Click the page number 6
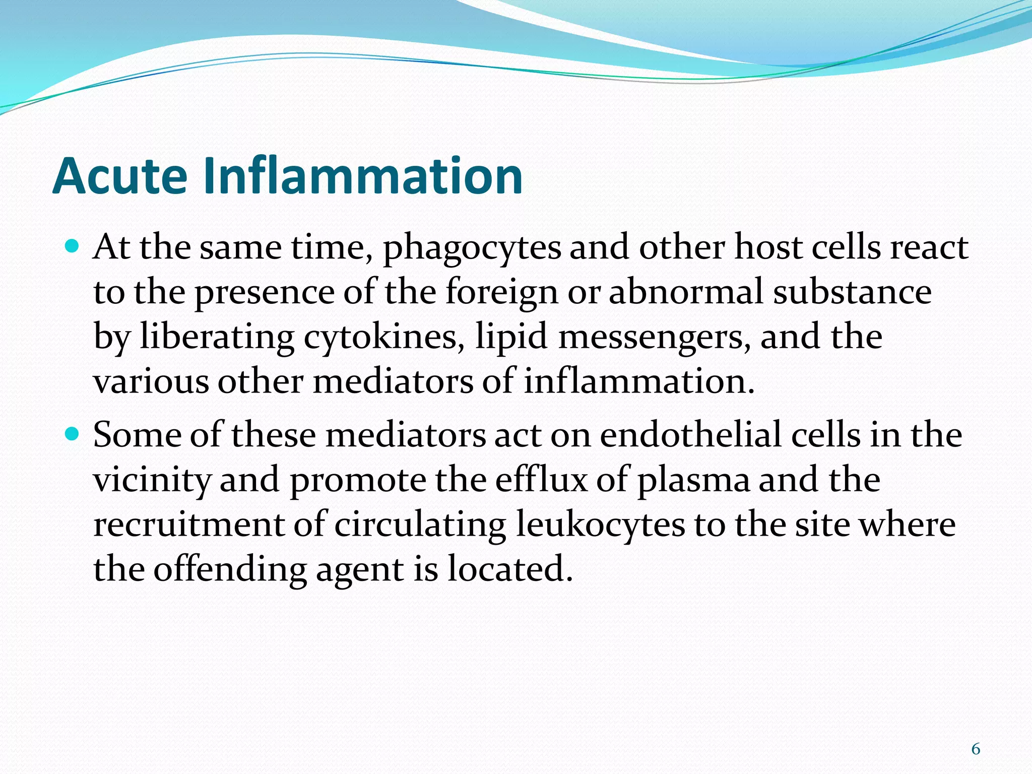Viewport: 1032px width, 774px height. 976,749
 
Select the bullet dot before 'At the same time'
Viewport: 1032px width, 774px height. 73,247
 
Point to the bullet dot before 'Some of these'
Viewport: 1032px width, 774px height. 73,434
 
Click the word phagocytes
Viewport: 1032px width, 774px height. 472,249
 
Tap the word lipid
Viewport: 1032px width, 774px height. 511,337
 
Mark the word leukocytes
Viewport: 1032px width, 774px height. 600,525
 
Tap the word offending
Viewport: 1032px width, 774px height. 230,570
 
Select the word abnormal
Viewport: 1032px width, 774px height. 686,292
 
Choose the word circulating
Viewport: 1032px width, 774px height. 420,526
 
